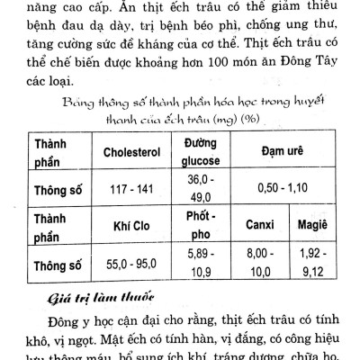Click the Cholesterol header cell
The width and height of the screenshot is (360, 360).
137,151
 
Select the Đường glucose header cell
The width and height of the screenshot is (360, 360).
204,151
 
